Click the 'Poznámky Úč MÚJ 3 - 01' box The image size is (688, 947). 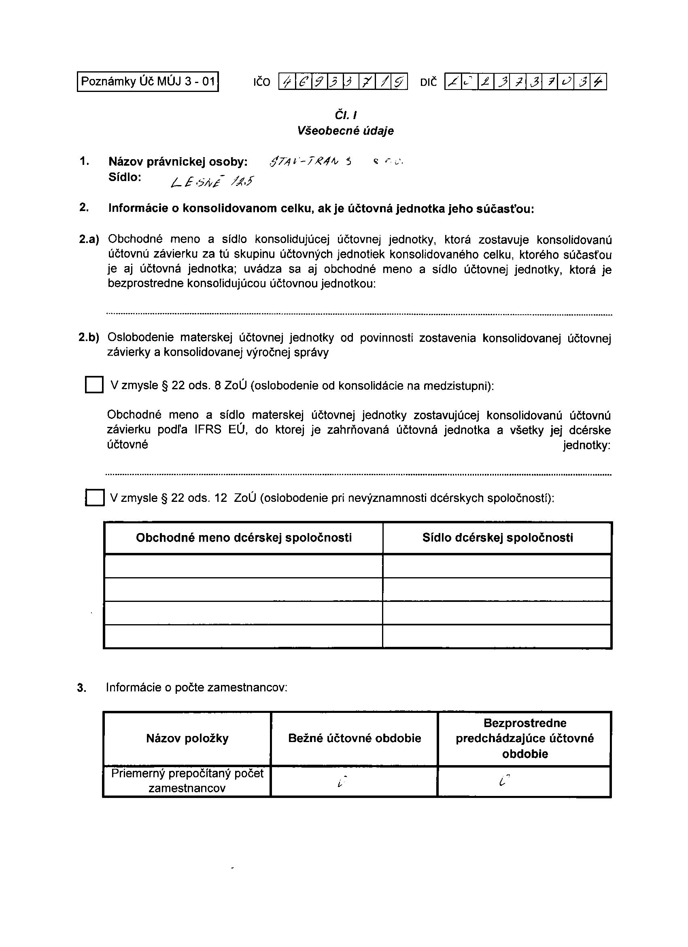[x=148, y=81]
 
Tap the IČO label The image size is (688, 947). [x=261, y=82]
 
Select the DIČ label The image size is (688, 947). [x=429, y=82]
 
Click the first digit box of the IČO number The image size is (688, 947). [x=287, y=82]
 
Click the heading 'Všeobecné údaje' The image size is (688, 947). [x=345, y=131]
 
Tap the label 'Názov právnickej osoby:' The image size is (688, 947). [x=178, y=162]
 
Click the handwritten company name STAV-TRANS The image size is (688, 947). [x=311, y=162]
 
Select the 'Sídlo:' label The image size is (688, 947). [x=125, y=177]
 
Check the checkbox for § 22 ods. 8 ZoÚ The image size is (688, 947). [x=94, y=384]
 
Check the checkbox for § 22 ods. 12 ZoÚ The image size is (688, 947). [x=95, y=498]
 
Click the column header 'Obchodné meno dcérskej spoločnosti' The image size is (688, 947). [x=244, y=538]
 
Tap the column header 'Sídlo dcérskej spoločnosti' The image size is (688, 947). [x=497, y=538]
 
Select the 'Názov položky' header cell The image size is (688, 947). [x=187, y=739]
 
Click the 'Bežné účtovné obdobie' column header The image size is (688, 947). [x=354, y=739]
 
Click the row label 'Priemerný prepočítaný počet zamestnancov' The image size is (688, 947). [x=187, y=781]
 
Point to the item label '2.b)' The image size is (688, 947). [x=89, y=337]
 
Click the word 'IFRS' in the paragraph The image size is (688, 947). [x=207, y=430]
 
